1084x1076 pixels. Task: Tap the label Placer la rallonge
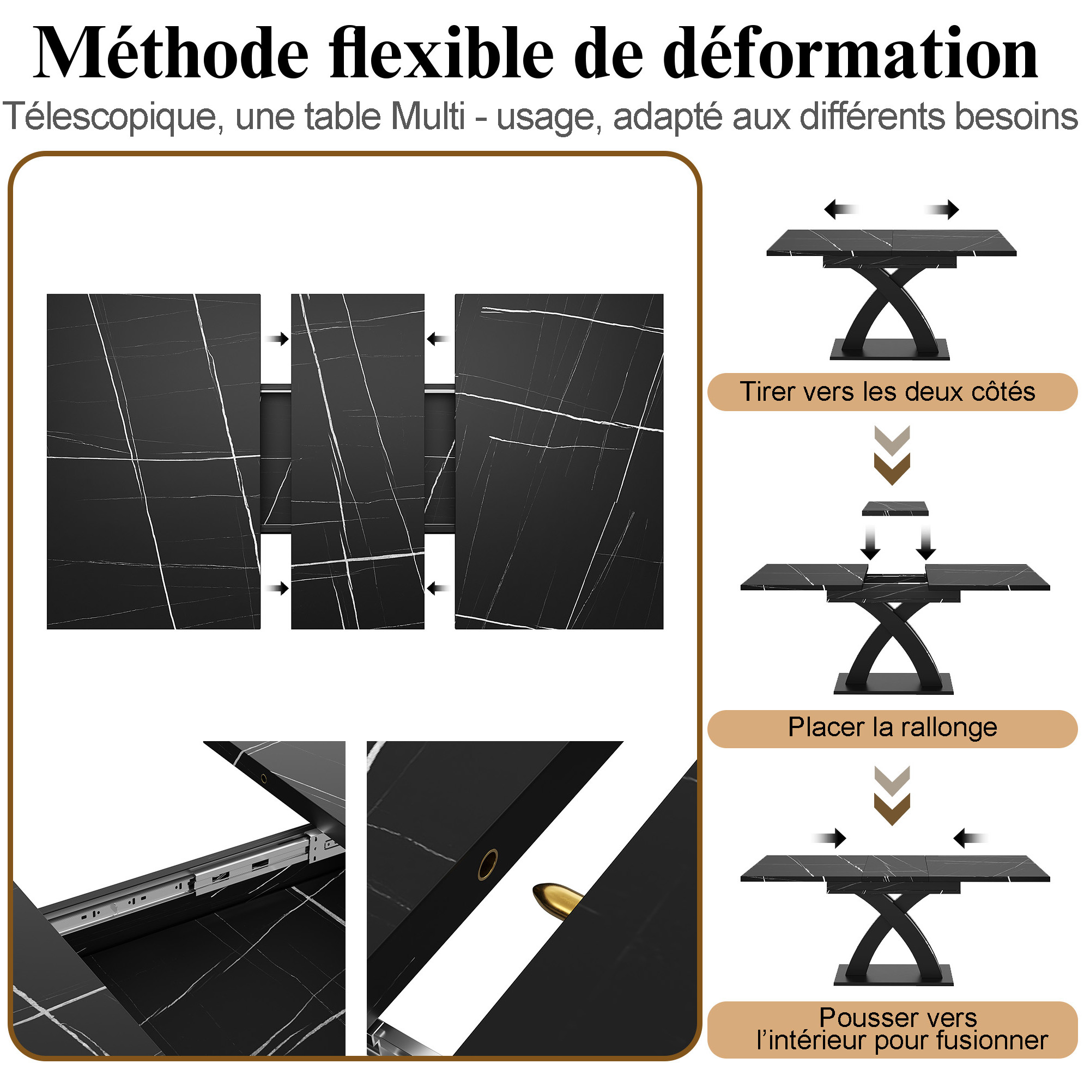tap(893, 727)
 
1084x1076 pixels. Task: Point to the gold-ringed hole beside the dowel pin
tap(488, 864)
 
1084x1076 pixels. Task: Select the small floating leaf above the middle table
tap(895, 509)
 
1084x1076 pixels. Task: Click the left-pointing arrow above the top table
tap(841, 210)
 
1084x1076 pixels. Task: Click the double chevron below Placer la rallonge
tap(892, 795)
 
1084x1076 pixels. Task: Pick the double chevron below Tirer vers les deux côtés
tap(892, 455)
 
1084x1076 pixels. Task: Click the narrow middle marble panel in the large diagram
tap(358, 461)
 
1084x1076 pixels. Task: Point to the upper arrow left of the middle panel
tap(278, 339)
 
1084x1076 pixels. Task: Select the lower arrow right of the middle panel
tap(438, 588)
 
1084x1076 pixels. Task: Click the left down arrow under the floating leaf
tap(870, 542)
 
